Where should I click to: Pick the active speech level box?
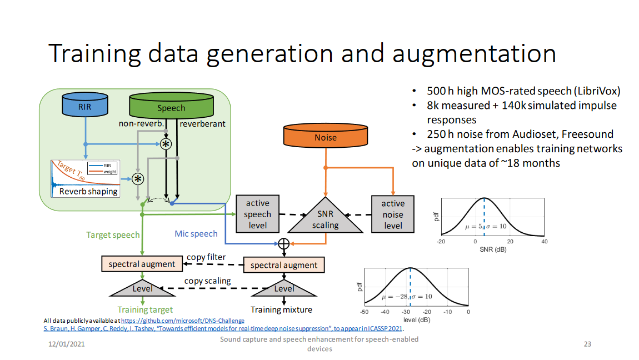pos(258,214)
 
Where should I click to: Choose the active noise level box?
pos(393,214)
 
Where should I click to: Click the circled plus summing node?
pos(284,243)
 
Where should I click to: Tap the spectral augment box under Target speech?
pos(142,264)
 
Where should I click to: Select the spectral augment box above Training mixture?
pos(284,265)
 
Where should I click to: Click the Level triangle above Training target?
pos(142,288)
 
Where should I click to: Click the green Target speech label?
pos(113,235)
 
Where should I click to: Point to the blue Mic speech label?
pos(196,234)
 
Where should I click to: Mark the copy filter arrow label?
pos(206,257)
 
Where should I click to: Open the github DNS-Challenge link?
pos(182,321)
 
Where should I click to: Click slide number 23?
pos(587,344)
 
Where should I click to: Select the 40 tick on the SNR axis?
pos(545,241)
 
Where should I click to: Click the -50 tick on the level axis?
pos(365,312)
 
